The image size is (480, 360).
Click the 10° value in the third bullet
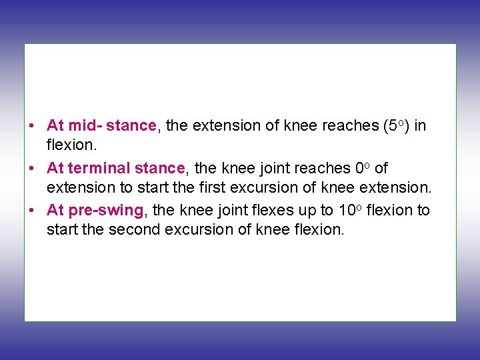click(350, 211)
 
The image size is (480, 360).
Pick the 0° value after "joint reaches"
click(363, 168)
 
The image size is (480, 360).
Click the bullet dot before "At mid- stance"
click(31, 126)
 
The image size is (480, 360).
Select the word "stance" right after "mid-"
click(131, 125)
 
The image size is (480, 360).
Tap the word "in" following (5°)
click(420, 125)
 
